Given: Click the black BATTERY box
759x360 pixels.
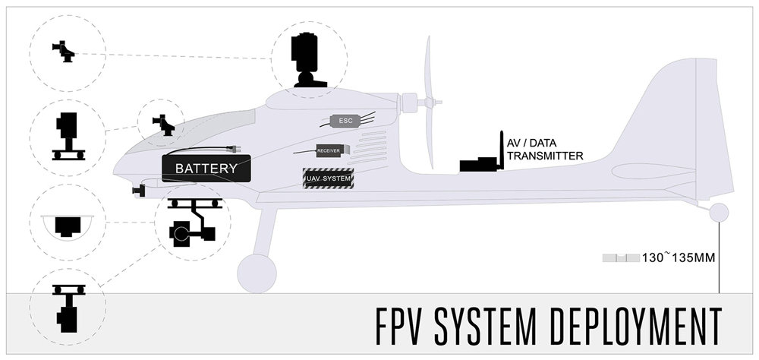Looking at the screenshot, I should [x=206, y=168].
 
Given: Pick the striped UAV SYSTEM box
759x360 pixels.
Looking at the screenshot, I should [x=328, y=178].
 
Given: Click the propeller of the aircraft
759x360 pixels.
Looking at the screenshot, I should [x=432, y=103].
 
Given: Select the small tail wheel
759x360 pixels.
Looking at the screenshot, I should [x=718, y=213].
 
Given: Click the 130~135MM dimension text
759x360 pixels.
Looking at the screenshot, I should [x=679, y=257].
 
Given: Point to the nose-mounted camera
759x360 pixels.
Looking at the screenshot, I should [x=138, y=189].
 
